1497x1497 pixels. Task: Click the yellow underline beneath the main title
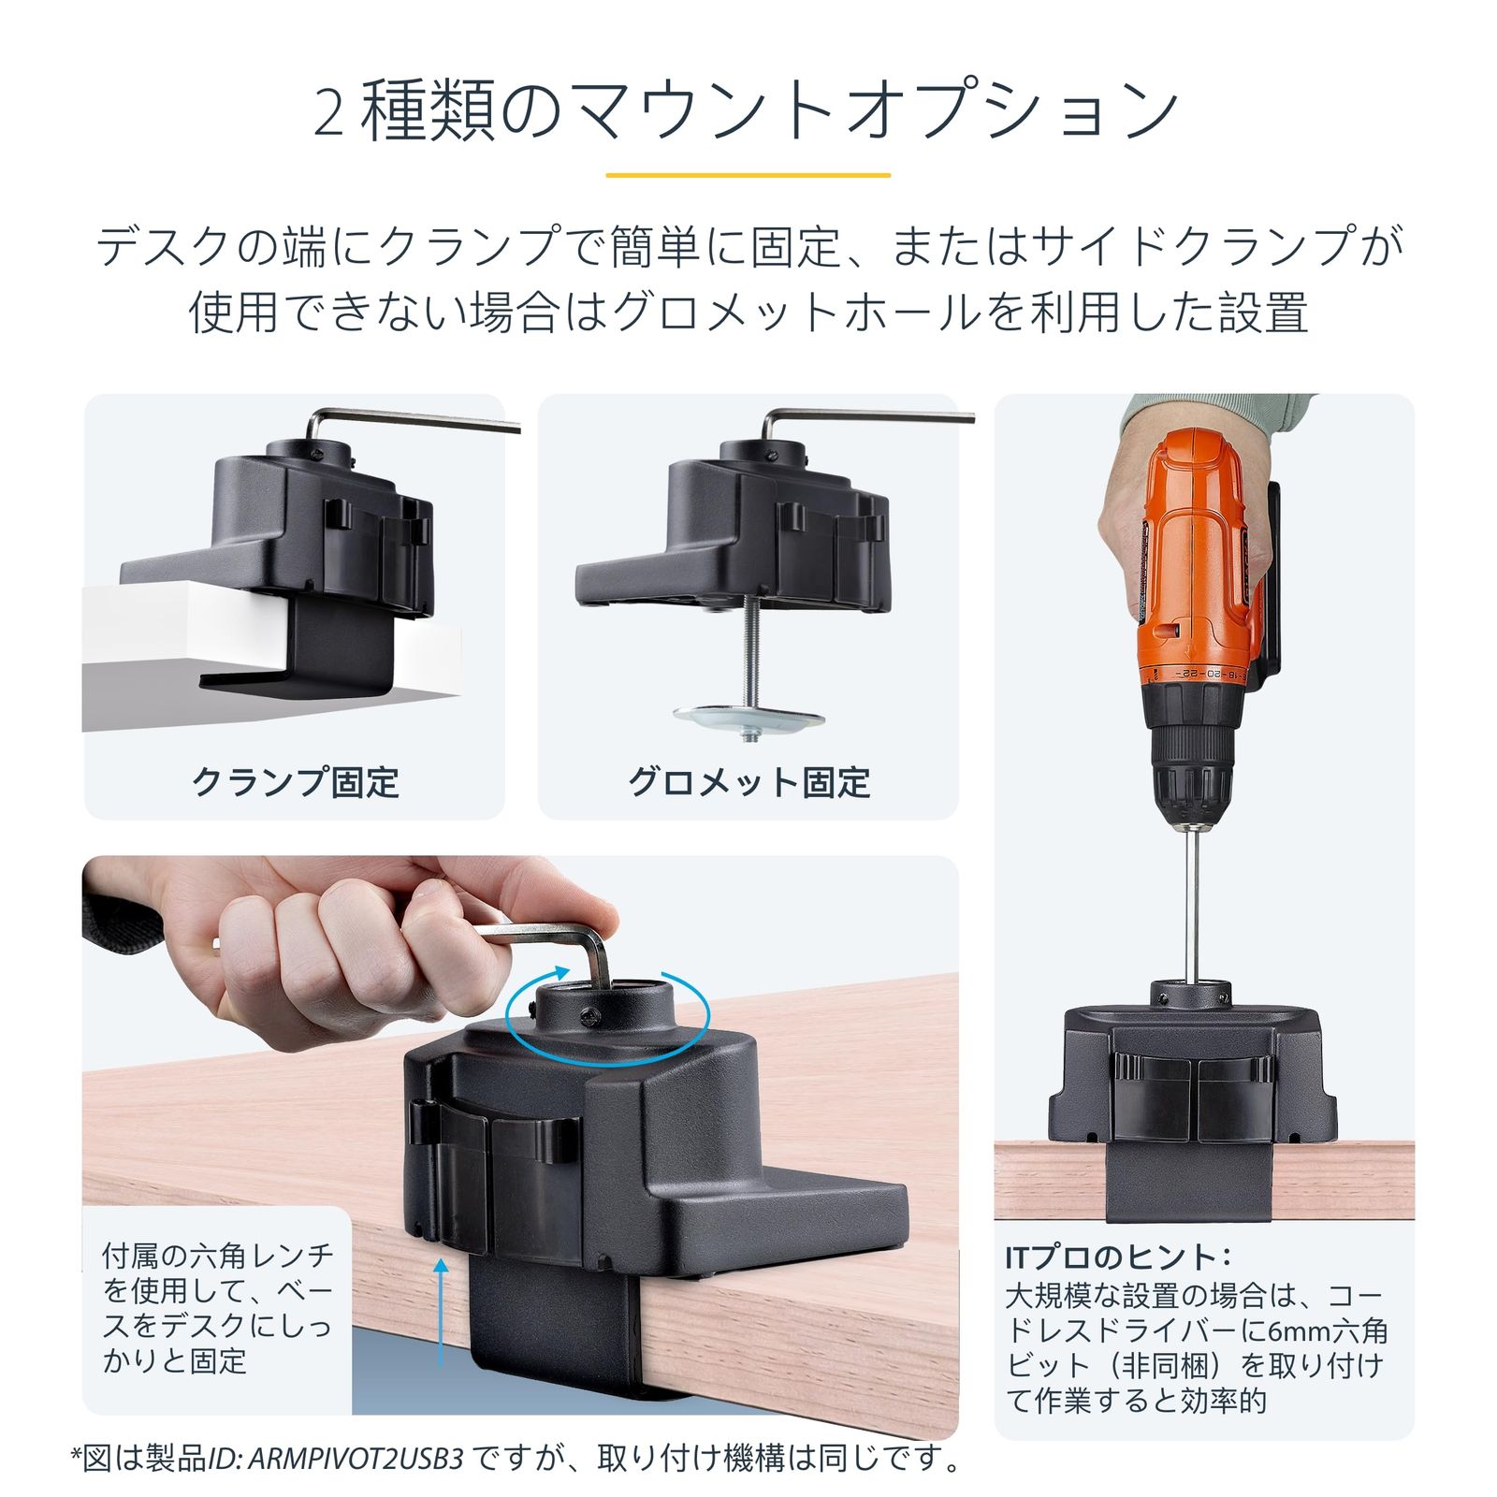point(748,175)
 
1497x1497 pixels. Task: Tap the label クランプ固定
point(296,782)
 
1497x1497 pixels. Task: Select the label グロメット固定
point(749,782)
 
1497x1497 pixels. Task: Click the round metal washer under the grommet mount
point(748,719)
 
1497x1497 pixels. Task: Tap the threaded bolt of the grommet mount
point(748,655)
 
